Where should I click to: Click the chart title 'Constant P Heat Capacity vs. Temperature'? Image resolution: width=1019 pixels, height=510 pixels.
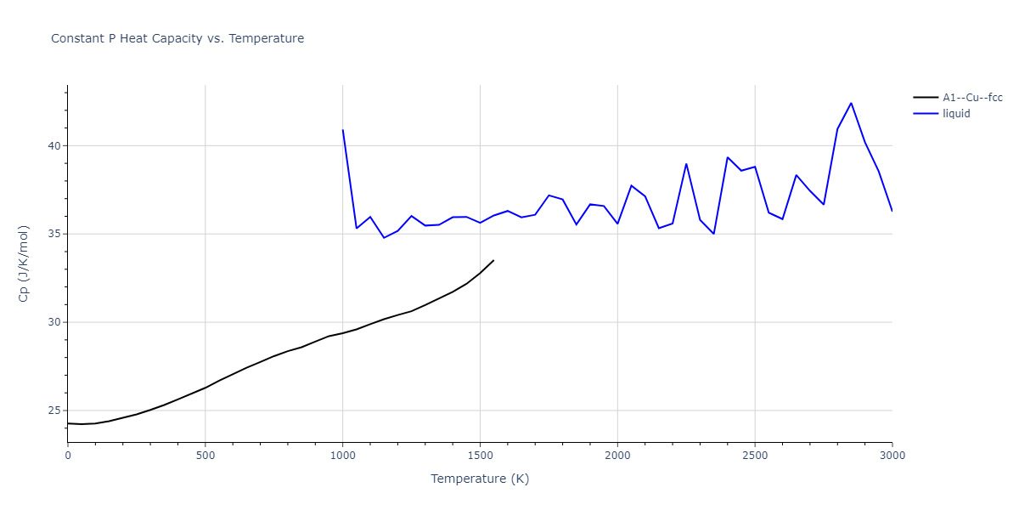177,38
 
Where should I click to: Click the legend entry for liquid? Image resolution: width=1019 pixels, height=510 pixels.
956,113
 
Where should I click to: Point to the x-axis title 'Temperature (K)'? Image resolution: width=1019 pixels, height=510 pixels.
480,479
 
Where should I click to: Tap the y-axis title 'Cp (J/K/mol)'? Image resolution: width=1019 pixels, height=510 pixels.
25,263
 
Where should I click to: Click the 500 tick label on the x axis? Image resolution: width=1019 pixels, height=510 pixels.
205,456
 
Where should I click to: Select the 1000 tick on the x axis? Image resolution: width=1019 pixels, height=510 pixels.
342,456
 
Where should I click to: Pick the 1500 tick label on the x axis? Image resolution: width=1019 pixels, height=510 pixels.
480,456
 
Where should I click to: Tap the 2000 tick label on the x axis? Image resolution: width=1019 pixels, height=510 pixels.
617,456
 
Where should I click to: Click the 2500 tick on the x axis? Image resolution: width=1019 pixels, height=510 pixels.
755,456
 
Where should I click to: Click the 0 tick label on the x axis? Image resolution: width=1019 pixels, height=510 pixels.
68,456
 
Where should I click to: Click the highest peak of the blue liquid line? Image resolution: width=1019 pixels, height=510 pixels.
851,103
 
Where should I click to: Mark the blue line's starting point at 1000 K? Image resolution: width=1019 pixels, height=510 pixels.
342,130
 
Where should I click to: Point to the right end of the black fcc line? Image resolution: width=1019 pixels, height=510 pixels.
493,260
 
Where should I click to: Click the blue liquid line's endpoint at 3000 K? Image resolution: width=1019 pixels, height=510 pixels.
892,211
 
